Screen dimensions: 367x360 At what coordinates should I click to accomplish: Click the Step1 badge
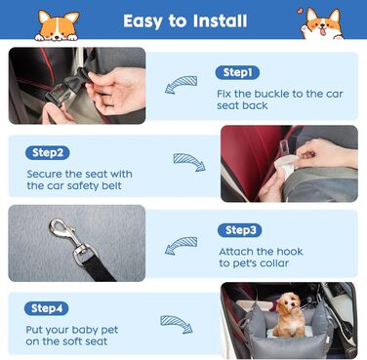pyautogui.click(x=237, y=72)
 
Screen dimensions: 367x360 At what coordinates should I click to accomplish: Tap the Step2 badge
pyautogui.click(x=48, y=153)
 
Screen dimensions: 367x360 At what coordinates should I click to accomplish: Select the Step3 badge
pyautogui.click(x=240, y=230)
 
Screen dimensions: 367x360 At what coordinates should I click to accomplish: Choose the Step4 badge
pyautogui.click(x=47, y=308)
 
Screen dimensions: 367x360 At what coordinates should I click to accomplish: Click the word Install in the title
pyautogui.click(x=220, y=21)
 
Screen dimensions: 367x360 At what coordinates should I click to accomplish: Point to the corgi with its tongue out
pyautogui.click(x=321, y=23)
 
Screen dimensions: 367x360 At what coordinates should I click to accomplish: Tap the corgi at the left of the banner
pyautogui.click(x=57, y=25)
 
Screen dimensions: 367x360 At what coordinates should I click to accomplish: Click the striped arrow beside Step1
pyautogui.click(x=181, y=85)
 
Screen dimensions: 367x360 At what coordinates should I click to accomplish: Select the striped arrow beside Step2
pyautogui.click(x=189, y=162)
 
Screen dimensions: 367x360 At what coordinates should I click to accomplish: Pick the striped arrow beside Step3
pyautogui.click(x=181, y=246)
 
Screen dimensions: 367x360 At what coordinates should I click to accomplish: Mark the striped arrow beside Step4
pyautogui.click(x=177, y=324)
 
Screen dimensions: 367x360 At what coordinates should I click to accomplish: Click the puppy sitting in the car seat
pyautogui.click(x=289, y=314)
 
